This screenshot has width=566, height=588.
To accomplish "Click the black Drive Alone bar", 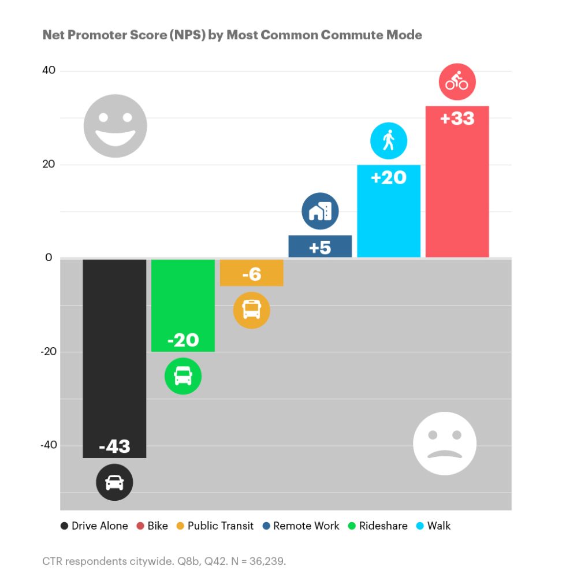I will [x=114, y=347].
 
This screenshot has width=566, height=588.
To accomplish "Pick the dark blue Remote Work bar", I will [x=320, y=246].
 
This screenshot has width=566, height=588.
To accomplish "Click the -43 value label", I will [x=114, y=446].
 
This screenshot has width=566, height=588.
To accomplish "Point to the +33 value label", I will [x=457, y=119].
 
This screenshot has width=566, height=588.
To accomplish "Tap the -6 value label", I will [x=251, y=274].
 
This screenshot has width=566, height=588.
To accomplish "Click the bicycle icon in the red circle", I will [x=457, y=81].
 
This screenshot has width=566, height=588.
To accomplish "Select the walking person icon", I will [x=389, y=140].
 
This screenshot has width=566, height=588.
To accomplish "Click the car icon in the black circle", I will [x=114, y=482].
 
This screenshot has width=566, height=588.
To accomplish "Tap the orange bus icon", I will [x=251, y=310].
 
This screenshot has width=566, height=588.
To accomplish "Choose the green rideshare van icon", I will [x=183, y=376].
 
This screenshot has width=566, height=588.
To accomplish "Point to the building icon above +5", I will [x=320, y=211].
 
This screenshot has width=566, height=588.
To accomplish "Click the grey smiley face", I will [x=115, y=126].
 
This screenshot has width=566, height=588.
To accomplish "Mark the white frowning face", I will [x=445, y=443].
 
